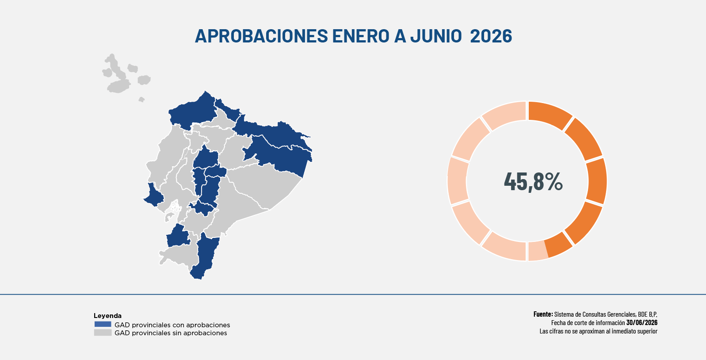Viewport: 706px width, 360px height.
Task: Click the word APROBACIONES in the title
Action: (261, 36)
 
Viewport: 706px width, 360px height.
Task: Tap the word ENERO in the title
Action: (361, 36)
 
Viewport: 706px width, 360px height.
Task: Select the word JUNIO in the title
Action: (436, 36)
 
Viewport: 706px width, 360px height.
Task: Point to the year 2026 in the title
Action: (491, 36)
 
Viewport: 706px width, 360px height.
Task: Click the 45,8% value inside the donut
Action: (533, 181)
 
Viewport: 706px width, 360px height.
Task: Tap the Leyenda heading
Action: (107, 315)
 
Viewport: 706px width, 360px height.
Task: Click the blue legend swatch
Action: (103, 324)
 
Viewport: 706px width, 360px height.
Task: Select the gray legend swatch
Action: (103, 333)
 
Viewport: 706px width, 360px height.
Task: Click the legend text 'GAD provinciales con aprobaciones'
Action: (172, 325)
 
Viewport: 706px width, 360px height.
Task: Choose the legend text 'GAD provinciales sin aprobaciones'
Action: (171, 333)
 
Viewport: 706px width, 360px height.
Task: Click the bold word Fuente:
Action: (543, 314)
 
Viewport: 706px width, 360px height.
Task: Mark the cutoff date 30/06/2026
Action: (642, 322)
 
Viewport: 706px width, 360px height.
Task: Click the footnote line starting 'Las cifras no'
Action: (598, 331)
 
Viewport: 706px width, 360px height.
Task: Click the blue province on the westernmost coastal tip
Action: (153, 195)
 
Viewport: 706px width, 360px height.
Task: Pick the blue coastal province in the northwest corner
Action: (193, 111)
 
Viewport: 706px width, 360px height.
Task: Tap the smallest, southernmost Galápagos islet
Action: (141, 100)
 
